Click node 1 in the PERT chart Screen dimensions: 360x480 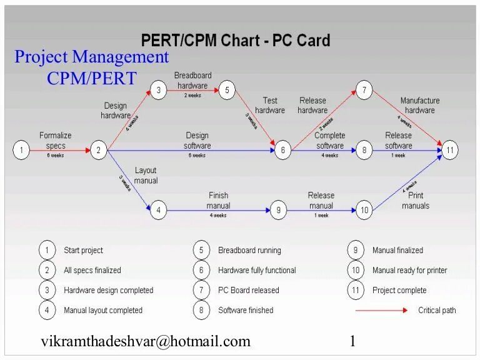[x=21, y=150]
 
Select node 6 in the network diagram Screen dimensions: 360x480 [x=282, y=150]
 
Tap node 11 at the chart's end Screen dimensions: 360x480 [x=451, y=150]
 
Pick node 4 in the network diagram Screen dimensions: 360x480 [x=159, y=211]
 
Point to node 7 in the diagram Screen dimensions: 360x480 [x=364, y=90]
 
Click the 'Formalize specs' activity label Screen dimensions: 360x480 [x=56, y=140]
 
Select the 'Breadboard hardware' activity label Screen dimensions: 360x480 [x=192, y=80]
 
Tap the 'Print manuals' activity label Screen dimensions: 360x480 [x=416, y=201]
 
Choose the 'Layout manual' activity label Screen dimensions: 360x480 [x=146, y=175]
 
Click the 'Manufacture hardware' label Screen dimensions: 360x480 [x=420, y=105]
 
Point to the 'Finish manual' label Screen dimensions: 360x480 [x=218, y=200]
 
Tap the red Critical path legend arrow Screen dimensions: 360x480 [x=381, y=310]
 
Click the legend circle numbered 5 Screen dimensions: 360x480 [x=201, y=250]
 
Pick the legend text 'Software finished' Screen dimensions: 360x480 [x=246, y=310]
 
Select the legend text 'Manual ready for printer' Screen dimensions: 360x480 [x=409, y=270]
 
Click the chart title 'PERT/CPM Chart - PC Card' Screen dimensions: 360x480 [x=235, y=41]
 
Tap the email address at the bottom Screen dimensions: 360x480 [x=146, y=341]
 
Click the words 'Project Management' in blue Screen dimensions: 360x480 [x=92, y=57]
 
